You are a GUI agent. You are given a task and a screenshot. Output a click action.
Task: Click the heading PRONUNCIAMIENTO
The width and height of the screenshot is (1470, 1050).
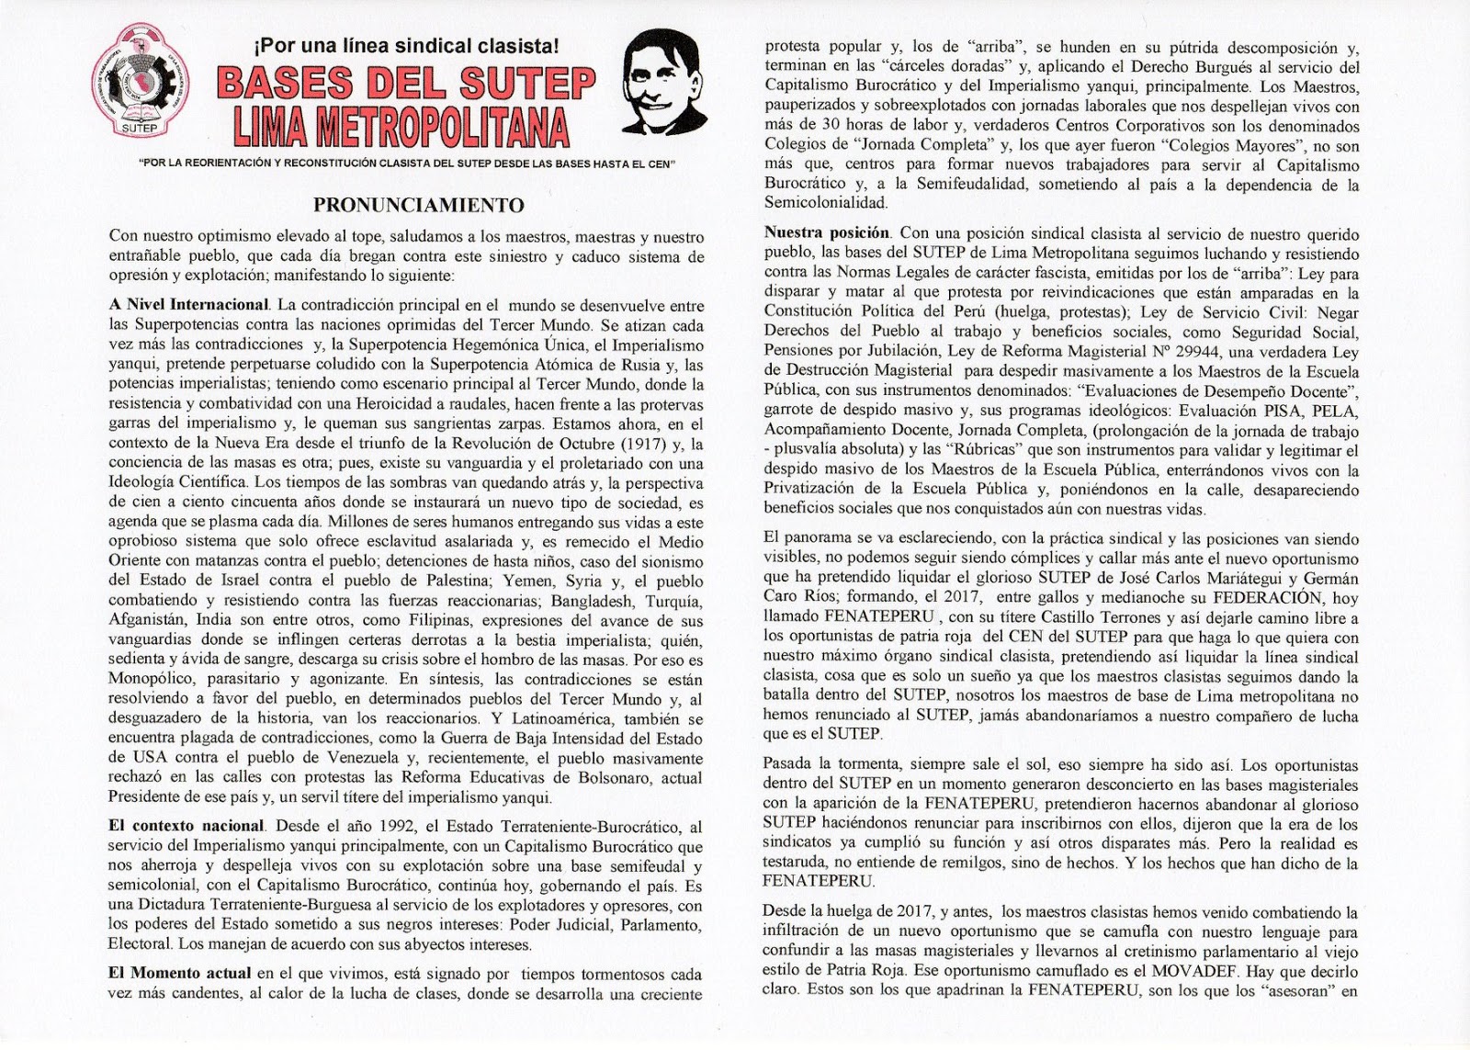419,205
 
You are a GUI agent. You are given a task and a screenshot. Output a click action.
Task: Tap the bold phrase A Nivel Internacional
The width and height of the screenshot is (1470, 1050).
188,306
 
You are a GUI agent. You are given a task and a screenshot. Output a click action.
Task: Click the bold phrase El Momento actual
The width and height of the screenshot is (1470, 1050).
179,973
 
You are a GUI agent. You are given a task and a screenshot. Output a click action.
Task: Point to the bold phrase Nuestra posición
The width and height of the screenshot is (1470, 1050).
827,233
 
